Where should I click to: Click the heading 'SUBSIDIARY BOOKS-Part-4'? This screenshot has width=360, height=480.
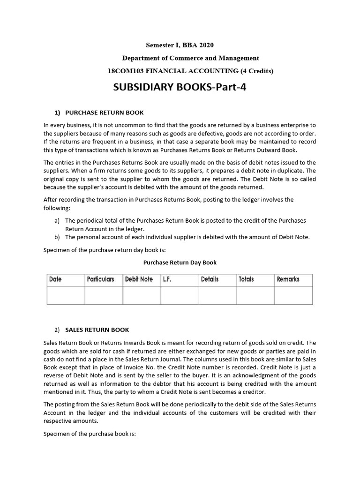180,87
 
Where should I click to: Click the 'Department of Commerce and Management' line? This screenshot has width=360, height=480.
190,58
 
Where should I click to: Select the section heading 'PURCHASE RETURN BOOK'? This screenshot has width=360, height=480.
104,112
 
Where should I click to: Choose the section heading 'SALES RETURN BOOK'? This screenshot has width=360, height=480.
97,330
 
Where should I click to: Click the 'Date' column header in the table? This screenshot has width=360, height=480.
55,279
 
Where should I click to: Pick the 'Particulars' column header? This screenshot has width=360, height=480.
100,279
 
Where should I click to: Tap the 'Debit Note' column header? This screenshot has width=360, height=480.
139,279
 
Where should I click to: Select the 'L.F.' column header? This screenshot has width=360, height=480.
167,279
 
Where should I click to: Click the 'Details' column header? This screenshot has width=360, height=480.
210,279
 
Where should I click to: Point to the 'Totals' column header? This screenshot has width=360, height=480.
246,279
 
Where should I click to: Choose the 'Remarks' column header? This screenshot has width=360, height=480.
288,279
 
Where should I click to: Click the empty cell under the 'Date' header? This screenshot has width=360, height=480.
66,295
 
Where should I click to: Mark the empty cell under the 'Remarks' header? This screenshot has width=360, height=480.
293,295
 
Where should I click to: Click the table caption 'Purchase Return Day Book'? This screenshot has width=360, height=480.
180,262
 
